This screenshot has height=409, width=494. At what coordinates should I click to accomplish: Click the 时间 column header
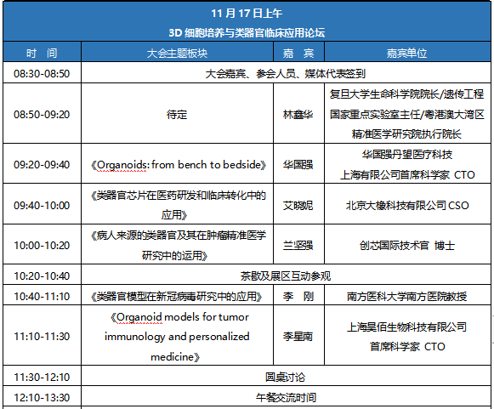click(x=42, y=53)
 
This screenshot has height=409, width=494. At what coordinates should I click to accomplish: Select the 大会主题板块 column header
click(x=177, y=53)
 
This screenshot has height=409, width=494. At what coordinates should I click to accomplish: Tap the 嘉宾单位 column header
click(x=406, y=53)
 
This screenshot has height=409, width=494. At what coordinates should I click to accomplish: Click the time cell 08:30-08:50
click(x=42, y=73)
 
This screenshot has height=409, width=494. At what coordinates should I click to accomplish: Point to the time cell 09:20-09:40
click(x=42, y=164)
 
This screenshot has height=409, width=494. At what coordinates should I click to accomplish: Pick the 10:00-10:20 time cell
click(x=42, y=245)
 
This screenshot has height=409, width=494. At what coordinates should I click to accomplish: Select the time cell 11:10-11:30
click(x=42, y=336)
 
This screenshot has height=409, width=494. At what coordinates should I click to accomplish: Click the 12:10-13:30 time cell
click(x=42, y=397)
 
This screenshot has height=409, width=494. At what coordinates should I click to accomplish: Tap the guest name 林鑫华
click(x=298, y=114)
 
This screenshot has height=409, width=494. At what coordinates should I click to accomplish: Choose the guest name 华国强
click(x=298, y=164)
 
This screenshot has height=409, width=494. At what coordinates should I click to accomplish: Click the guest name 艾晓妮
click(x=298, y=205)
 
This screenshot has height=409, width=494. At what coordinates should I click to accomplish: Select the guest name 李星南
click(x=298, y=336)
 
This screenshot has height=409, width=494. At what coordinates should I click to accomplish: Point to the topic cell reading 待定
click(x=177, y=114)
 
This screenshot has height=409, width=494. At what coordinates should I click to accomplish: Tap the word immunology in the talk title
click(x=135, y=337)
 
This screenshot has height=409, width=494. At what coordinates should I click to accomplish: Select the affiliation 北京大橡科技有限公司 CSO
click(x=407, y=205)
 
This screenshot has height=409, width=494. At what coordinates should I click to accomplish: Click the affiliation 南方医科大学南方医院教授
click(x=406, y=296)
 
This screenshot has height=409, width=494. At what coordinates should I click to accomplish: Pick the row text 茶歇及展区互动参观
click(x=286, y=276)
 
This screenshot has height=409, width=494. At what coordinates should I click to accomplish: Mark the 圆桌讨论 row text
click(x=286, y=377)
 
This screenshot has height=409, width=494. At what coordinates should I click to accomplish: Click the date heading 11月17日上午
click(x=247, y=14)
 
